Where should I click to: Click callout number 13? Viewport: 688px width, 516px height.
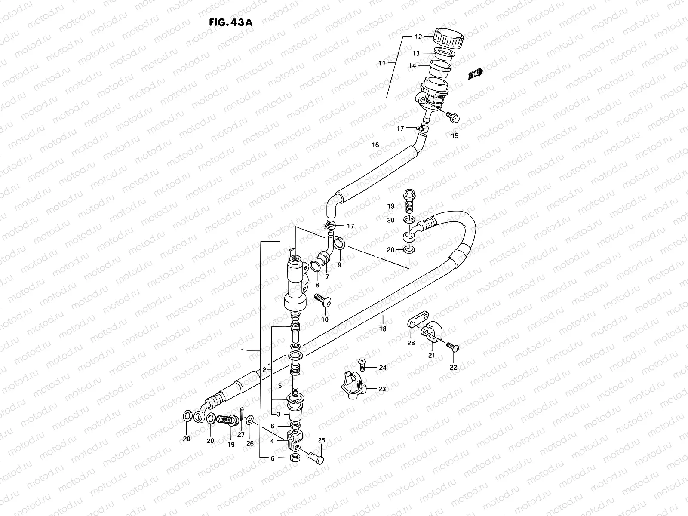tap(416, 54)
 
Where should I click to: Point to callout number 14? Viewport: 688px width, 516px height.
tap(412, 66)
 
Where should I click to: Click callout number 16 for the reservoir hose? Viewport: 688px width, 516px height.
tap(375, 145)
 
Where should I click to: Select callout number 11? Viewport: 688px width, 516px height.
tap(382, 63)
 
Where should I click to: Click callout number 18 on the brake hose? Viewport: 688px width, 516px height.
tap(383, 329)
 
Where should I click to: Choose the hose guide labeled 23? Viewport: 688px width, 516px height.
tap(353, 385)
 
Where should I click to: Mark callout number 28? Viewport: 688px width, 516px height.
tap(411, 343)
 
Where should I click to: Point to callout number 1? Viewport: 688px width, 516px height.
tap(243, 351)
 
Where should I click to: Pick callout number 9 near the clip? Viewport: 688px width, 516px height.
tap(339, 265)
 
